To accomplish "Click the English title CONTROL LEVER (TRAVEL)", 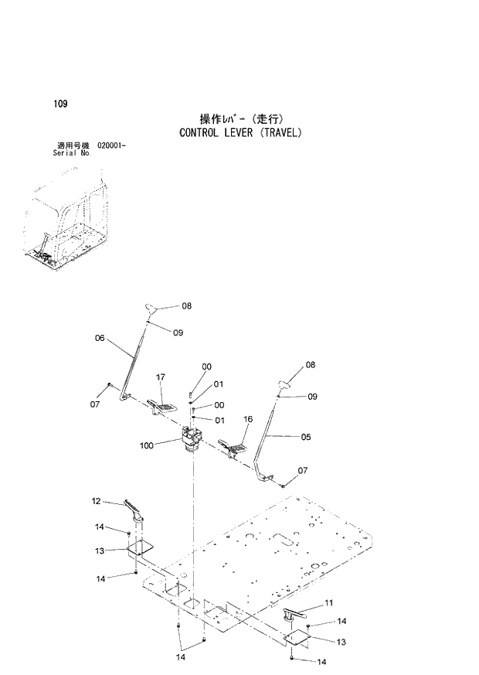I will (x=240, y=132).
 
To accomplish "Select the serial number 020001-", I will (x=112, y=145).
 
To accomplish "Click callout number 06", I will (x=100, y=337).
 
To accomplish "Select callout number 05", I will (x=306, y=437).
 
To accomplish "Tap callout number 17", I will (x=160, y=377).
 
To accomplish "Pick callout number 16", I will (x=248, y=420).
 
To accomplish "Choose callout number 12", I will (x=97, y=501).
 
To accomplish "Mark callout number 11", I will (x=328, y=602).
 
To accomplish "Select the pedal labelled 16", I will (x=233, y=448).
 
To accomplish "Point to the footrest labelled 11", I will (x=297, y=613).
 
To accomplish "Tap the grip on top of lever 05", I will (x=282, y=381).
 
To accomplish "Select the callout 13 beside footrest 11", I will (x=341, y=642).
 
